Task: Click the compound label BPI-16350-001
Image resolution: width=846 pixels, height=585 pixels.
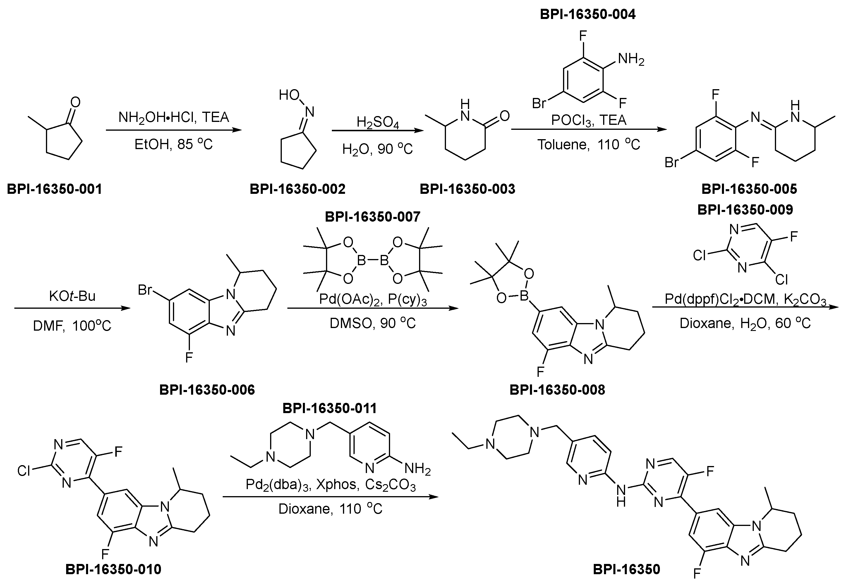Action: coord(54,189)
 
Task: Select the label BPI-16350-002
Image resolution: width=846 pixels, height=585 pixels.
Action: coord(298,189)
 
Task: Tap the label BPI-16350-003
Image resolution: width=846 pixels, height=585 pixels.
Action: coord(467,189)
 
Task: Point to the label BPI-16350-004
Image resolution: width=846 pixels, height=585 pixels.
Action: coord(588,14)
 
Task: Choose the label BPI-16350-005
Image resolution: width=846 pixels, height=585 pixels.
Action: coord(749,189)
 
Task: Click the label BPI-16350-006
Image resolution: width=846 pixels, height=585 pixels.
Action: coord(207,390)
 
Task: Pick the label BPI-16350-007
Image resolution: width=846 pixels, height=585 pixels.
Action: coord(372,217)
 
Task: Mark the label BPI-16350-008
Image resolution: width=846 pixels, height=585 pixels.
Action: coord(557,390)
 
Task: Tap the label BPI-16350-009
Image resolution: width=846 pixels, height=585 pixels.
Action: coord(745,210)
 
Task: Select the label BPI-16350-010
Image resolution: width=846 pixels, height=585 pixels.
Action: coord(113,569)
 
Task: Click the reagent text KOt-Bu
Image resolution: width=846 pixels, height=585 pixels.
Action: coord(72,296)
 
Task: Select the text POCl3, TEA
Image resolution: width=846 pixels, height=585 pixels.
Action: coord(588,120)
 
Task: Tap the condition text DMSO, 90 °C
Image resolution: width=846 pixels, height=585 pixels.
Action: coord(372,323)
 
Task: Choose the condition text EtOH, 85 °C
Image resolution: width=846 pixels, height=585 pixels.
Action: coord(174,144)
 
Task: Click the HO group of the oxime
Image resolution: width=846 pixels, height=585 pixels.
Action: coord(289,95)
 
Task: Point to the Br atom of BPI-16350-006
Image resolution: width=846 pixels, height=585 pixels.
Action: coord(145,290)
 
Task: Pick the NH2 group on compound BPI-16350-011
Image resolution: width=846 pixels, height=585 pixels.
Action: coord(417,469)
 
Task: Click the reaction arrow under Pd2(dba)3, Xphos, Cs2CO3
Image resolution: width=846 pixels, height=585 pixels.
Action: coord(330,497)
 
